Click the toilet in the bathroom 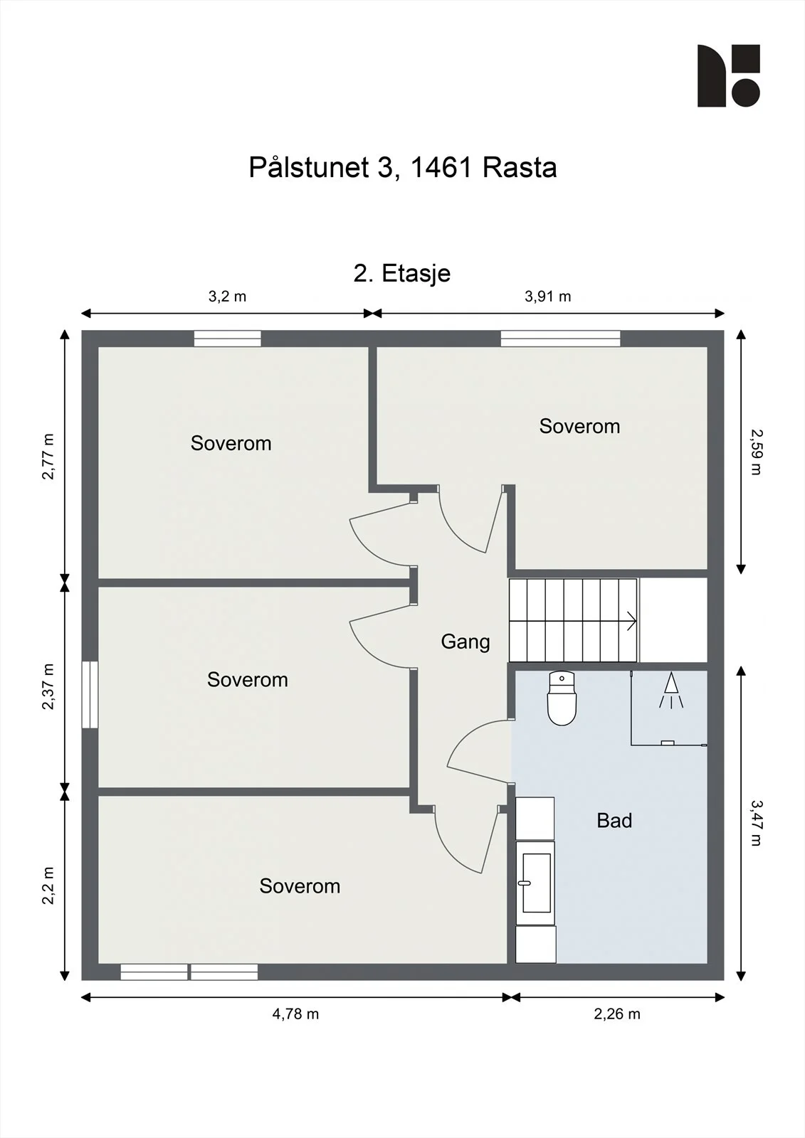pyautogui.click(x=562, y=698)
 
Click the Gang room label pyautogui.click(x=465, y=642)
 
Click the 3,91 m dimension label pyautogui.click(x=547, y=296)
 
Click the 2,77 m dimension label pyautogui.click(x=47, y=456)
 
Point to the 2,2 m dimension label pyautogui.click(x=47, y=886)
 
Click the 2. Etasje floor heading pyautogui.click(x=401, y=273)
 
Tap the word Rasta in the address pyautogui.click(x=519, y=167)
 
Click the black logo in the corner pyautogui.click(x=728, y=75)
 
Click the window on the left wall pyautogui.click(x=90, y=694)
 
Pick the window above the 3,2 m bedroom pyautogui.click(x=227, y=339)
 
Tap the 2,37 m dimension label pyautogui.click(x=47, y=686)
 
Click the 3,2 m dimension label pyautogui.click(x=227, y=296)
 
